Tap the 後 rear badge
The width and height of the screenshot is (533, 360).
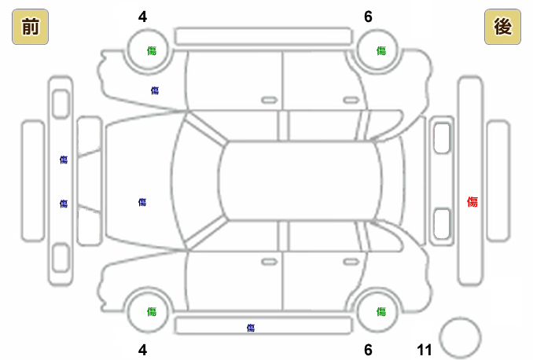(502, 28)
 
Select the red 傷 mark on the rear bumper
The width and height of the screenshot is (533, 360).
(472, 202)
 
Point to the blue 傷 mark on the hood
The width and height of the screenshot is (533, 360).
(142, 202)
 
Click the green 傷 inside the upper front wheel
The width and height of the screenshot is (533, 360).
(152, 50)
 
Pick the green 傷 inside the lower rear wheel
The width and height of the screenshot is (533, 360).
(381, 311)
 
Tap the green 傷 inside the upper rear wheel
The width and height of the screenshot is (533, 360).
(381, 50)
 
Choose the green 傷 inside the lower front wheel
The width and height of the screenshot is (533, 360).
(152, 311)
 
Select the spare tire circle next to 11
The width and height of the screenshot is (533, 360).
(460, 337)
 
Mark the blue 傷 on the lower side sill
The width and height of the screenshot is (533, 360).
(251, 327)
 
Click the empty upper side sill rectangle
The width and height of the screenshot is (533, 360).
(263, 36)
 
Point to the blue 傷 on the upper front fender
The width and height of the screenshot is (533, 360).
(155, 90)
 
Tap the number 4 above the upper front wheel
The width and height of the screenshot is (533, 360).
(142, 16)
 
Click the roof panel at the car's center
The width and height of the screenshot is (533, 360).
(299, 180)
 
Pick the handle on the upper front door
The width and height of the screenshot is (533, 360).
(270, 100)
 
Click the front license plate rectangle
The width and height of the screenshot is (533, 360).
(32, 180)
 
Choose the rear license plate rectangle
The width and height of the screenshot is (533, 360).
(498, 180)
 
